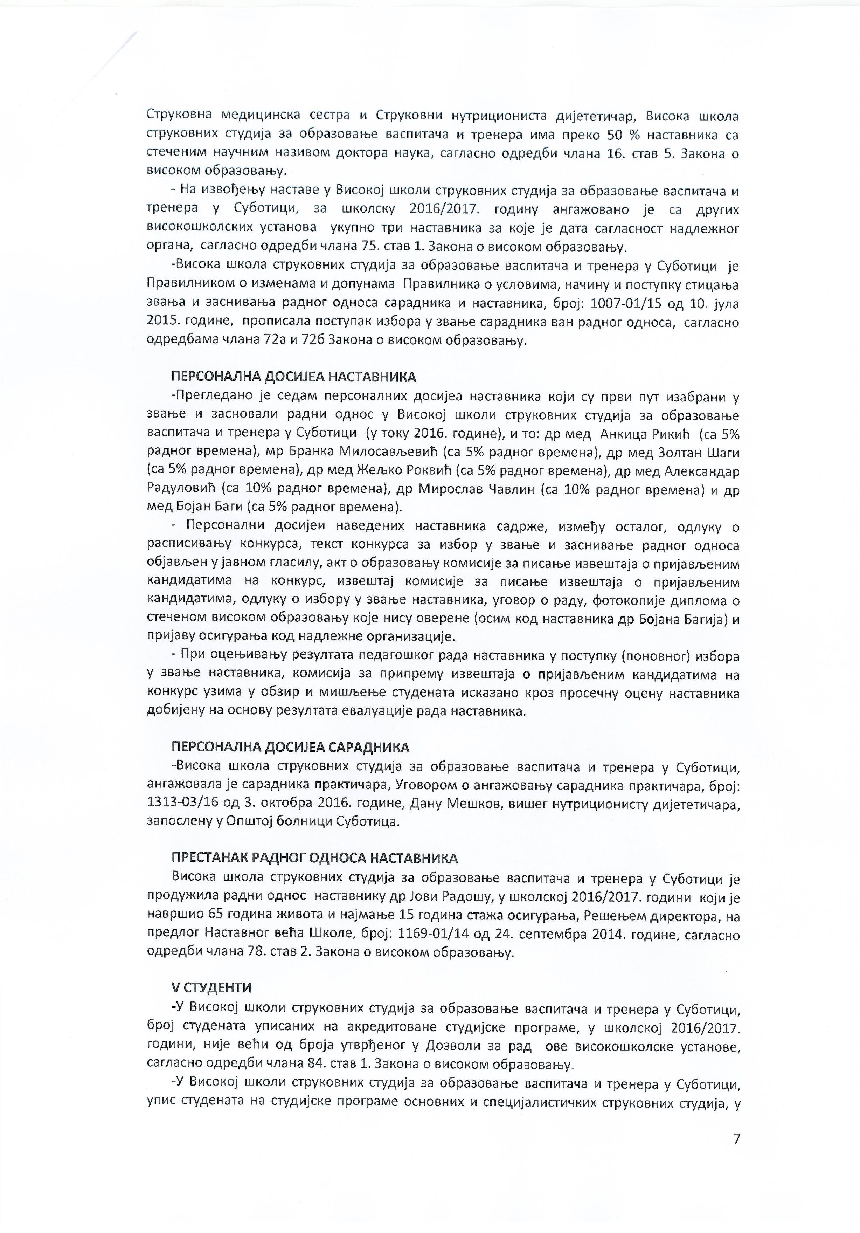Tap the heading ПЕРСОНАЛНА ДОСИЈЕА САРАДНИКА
click(x=290, y=748)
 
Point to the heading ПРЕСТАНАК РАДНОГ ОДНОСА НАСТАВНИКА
click(x=314, y=858)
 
